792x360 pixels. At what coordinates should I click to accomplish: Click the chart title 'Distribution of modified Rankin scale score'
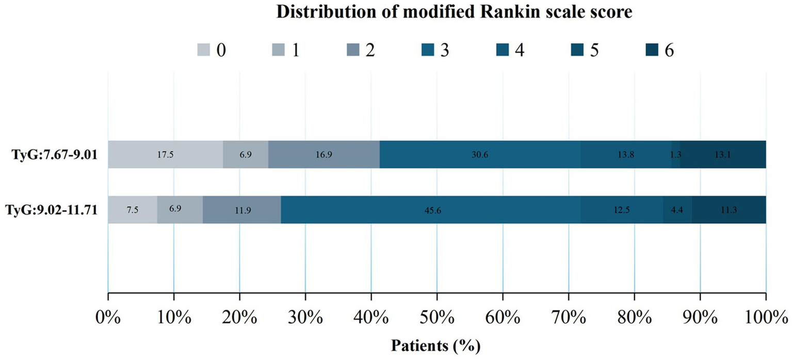pyautogui.click(x=454, y=13)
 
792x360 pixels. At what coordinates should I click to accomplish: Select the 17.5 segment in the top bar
pyautogui.click(x=165, y=154)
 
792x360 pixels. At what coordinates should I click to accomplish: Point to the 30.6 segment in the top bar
pyautogui.click(x=480, y=154)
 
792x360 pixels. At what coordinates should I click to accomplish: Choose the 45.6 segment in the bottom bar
pyautogui.click(x=431, y=210)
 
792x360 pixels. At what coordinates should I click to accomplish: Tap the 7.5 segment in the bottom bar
pyautogui.click(x=133, y=210)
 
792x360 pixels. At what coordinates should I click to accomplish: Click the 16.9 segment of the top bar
pyautogui.click(x=324, y=154)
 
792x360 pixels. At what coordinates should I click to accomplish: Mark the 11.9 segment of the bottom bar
pyautogui.click(x=241, y=210)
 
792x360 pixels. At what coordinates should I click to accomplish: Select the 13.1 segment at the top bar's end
pyautogui.click(x=723, y=154)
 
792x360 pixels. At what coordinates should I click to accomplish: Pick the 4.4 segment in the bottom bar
pyautogui.click(x=677, y=210)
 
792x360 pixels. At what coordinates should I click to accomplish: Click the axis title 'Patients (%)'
pyautogui.click(x=437, y=344)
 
